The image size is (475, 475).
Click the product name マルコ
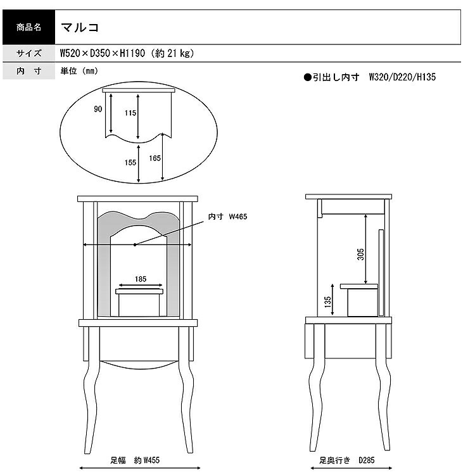[80, 28]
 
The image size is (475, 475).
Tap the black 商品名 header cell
[28, 27]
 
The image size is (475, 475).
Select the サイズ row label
[28, 53]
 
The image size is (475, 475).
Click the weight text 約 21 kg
[174, 53]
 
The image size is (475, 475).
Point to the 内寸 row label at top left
[28, 71]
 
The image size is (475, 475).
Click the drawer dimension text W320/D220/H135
[402, 77]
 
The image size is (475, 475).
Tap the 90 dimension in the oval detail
[98, 109]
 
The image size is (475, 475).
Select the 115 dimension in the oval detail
[130, 113]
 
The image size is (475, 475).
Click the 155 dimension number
[130, 163]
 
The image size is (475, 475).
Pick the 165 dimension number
[155, 158]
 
